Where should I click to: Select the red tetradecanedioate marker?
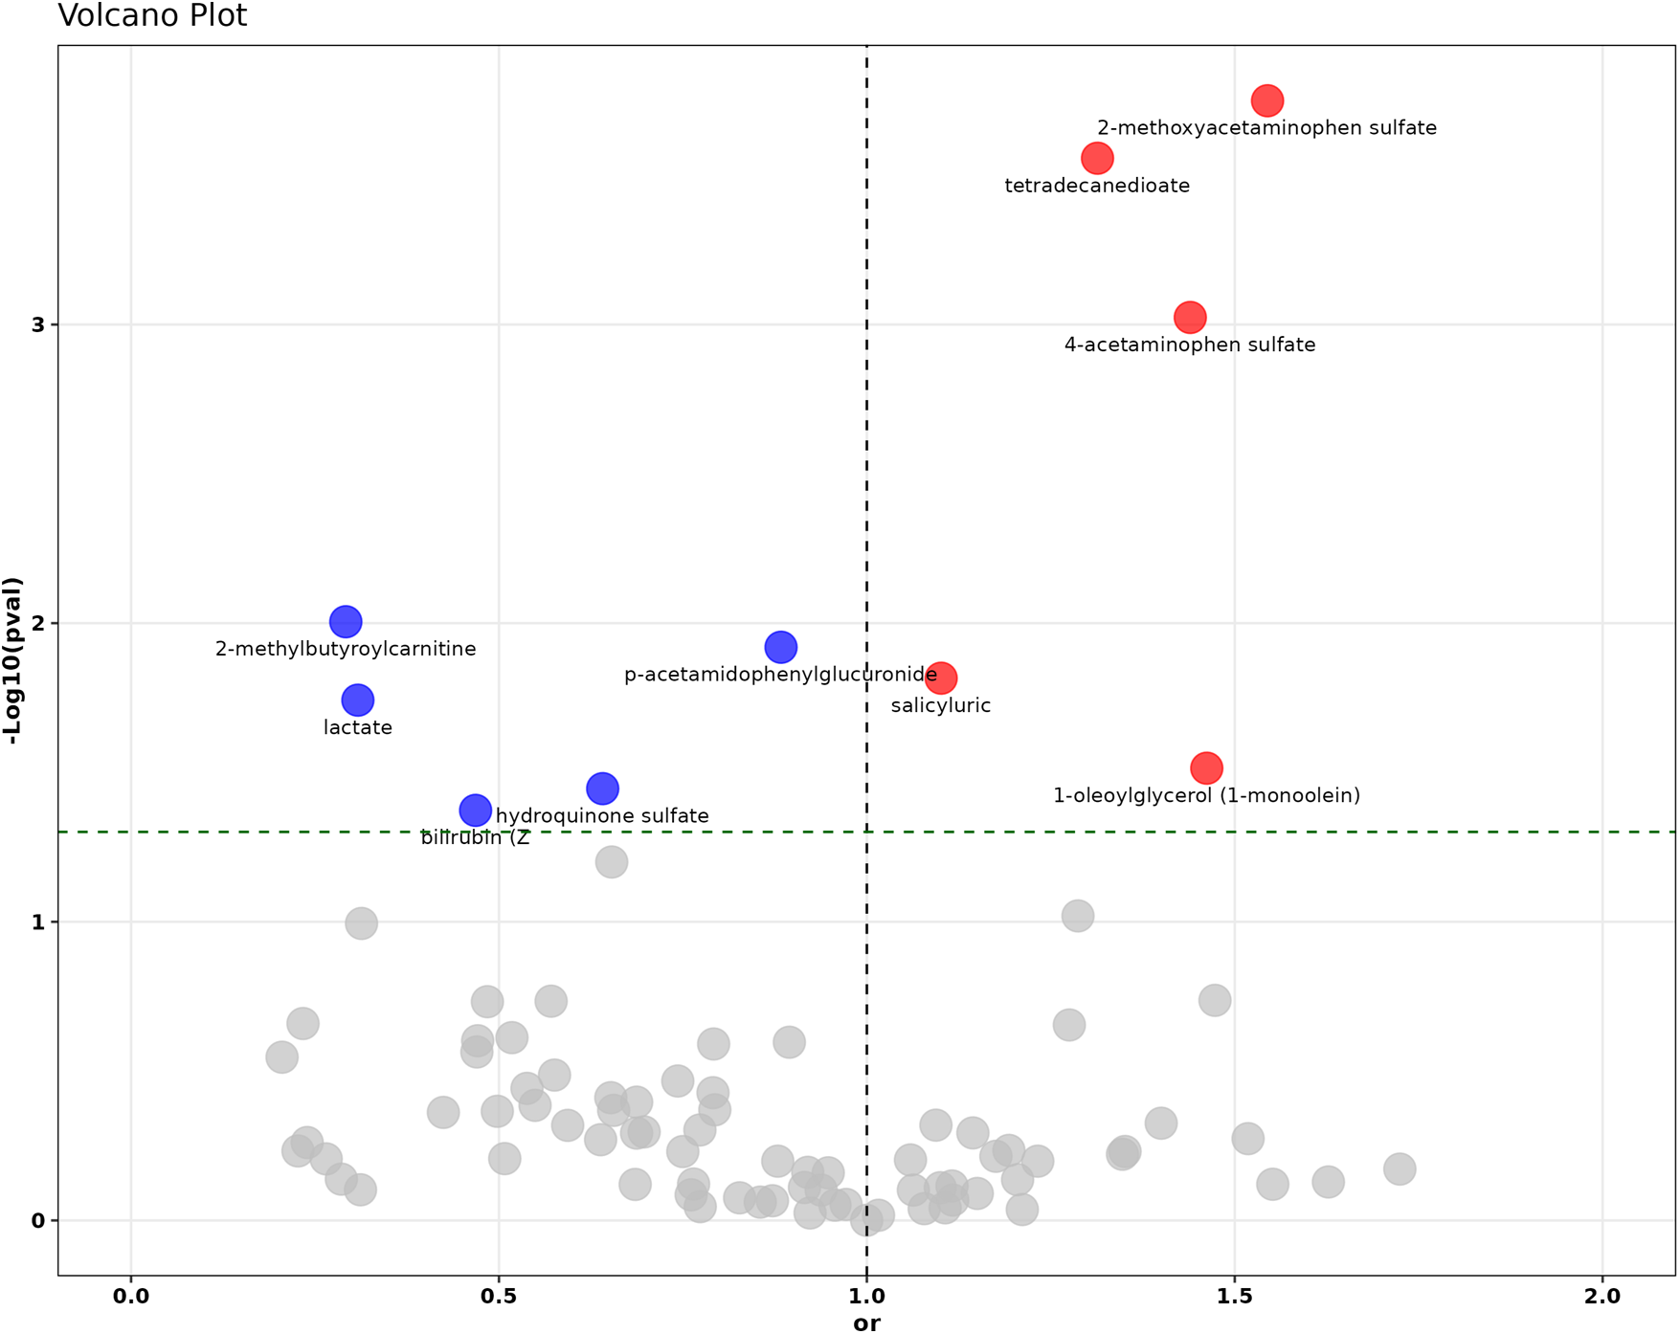[x=1098, y=158]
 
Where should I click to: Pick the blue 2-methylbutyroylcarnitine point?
[x=346, y=622]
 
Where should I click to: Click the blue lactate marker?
[x=358, y=700]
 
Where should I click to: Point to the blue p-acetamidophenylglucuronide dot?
[x=782, y=648]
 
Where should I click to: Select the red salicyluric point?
[x=942, y=678]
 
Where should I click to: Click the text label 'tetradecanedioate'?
[x=1098, y=187]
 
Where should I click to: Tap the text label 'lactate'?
[x=358, y=728]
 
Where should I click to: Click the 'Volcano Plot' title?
[x=153, y=16]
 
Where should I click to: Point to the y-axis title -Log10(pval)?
[x=13, y=660]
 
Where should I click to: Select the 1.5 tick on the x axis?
[x=1235, y=1297]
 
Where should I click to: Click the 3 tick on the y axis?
[x=38, y=325]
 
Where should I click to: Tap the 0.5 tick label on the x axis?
[x=499, y=1297]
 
